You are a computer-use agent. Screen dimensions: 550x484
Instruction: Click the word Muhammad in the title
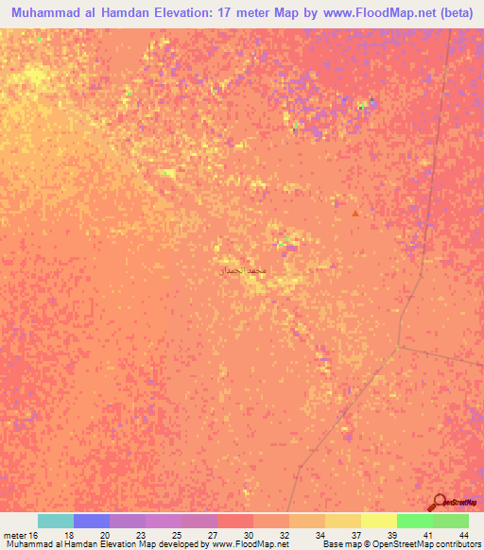(x=48, y=12)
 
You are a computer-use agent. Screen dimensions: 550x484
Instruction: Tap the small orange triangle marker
(x=355, y=213)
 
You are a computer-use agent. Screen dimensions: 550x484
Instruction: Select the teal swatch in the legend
(x=56, y=521)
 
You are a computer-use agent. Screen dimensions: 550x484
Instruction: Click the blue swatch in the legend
(x=92, y=521)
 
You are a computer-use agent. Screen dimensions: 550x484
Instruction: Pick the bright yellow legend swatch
(x=379, y=521)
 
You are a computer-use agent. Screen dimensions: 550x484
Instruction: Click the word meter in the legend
(x=12, y=534)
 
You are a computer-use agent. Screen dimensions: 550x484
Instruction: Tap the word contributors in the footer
(x=458, y=544)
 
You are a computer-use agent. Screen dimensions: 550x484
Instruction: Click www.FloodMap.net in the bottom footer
(x=250, y=544)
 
